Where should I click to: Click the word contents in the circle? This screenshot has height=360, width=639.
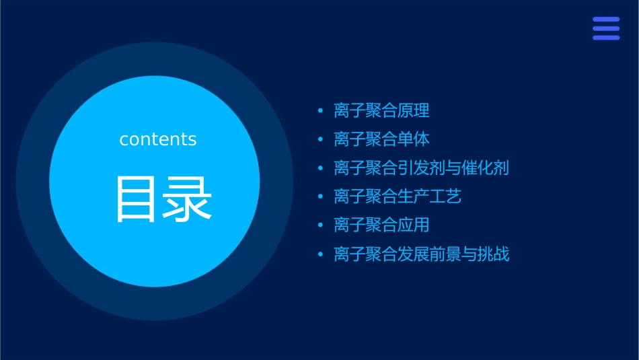pos(158,139)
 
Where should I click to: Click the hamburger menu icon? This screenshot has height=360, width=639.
pos(606,28)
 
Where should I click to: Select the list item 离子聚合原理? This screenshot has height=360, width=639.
pos(381,110)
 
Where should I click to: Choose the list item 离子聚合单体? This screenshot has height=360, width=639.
pos(381,139)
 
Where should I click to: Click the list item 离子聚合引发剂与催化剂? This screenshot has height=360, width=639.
pos(421,168)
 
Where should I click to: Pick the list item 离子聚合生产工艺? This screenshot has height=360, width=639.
pos(398,196)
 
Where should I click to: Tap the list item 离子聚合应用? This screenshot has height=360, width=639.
pos(381,225)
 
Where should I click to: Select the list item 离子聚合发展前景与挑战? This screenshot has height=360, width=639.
pos(421,254)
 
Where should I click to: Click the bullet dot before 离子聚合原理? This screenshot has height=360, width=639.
pos(320,110)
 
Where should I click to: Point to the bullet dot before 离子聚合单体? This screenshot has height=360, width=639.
pos(320,139)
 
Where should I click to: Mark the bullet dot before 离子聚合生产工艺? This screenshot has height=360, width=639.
pos(320,196)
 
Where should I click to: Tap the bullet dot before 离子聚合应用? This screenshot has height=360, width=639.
pos(320,225)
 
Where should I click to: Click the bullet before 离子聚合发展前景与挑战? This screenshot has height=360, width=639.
pos(320,254)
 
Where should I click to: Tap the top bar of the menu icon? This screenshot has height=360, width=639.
pos(606,20)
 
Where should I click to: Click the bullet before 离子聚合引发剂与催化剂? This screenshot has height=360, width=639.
pos(320,168)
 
